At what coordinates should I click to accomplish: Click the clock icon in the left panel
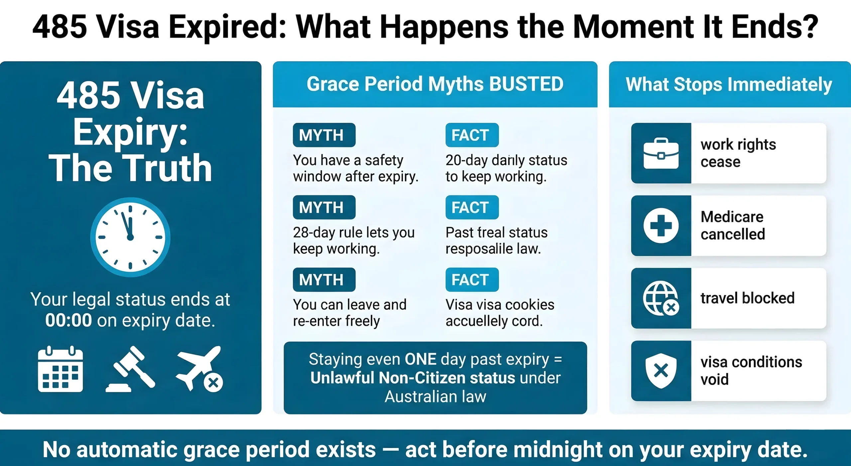pyautogui.click(x=130, y=237)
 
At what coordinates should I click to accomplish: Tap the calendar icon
pyautogui.click(x=60, y=369)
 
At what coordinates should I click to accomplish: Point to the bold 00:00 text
pyautogui.click(x=68, y=320)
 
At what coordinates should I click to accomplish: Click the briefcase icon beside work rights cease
pyautogui.click(x=661, y=153)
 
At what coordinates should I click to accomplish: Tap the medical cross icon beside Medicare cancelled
pyautogui.click(x=661, y=226)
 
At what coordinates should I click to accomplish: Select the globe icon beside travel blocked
pyautogui.click(x=661, y=298)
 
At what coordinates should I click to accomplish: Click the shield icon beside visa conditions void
pyautogui.click(x=661, y=371)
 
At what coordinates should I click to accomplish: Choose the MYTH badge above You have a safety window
pyautogui.click(x=324, y=135)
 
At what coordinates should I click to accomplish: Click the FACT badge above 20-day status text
pyautogui.click(x=472, y=135)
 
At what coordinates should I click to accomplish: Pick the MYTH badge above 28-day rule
pyautogui.click(x=324, y=207)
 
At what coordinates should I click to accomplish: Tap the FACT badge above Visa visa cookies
pyautogui.click(x=472, y=279)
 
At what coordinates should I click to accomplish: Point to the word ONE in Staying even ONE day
pyautogui.click(x=420, y=359)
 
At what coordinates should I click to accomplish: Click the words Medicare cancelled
pyautogui.click(x=732, y=226)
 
